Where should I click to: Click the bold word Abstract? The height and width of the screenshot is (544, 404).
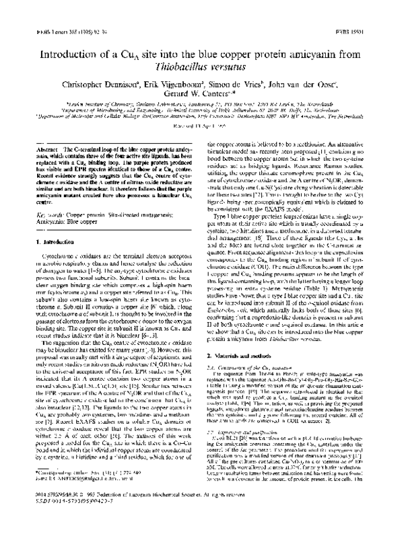click(x=35, y=146)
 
